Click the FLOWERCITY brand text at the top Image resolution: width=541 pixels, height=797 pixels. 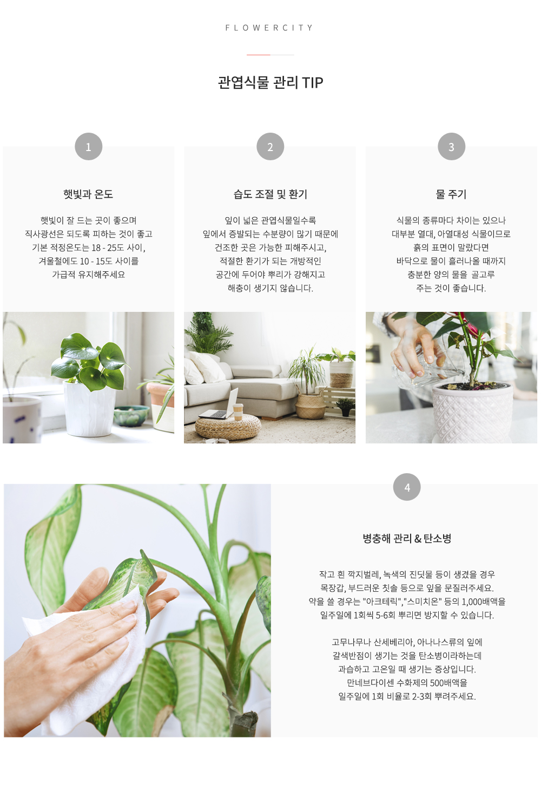coord(269,28)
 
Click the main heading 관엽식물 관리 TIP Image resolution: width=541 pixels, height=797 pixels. coord(270,82)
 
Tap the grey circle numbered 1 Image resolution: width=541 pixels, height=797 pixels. coord(89,147)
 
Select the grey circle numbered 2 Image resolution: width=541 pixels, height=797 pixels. coord(270,147)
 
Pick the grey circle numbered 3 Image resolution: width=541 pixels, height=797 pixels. coord(451,147)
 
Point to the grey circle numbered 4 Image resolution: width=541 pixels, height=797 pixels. coord(407,487)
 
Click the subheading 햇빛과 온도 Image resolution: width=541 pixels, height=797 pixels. coord(88,194)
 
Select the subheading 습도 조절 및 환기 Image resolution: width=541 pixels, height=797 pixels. coord(270,194)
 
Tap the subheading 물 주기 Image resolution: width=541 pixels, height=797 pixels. coord(451,194)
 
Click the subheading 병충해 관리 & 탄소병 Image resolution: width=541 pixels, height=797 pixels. coord(407,538)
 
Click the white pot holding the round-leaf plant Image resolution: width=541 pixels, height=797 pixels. coord(90,408)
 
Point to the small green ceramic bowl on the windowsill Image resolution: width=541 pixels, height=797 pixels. coord(131,415)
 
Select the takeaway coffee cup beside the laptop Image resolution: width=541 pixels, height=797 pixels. coord(237,411)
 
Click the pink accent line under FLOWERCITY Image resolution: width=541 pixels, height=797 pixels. coord(259,55)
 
